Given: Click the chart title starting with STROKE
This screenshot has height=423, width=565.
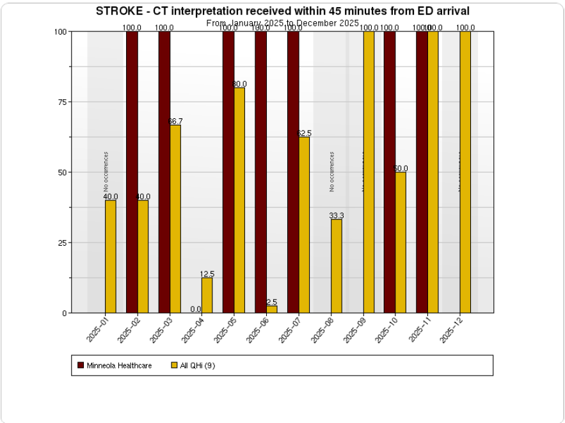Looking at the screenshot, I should click(282, 11).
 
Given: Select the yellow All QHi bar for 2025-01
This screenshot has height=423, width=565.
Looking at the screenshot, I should click(111, 257).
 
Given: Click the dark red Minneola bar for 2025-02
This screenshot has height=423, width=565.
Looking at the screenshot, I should click(132, 172).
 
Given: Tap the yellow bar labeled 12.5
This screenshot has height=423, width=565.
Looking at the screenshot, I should click(207, 295).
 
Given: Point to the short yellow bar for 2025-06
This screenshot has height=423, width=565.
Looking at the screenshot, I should click(272, 310).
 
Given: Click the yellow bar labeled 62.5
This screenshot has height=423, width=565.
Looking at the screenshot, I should click(304, 225).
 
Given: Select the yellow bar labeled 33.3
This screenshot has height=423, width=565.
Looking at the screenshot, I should click(337, 266).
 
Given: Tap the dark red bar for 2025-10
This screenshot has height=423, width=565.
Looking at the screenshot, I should click(390, 172).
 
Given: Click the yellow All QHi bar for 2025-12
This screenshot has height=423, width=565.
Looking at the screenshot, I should click(465, 172).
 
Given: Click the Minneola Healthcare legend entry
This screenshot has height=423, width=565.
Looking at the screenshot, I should click(115, 365).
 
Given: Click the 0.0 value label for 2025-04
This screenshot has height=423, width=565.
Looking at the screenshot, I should click(196, 309).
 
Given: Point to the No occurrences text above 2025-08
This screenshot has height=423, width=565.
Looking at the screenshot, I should click(332, 172).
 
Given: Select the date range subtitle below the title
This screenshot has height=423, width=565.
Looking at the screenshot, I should click(282, 23).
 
